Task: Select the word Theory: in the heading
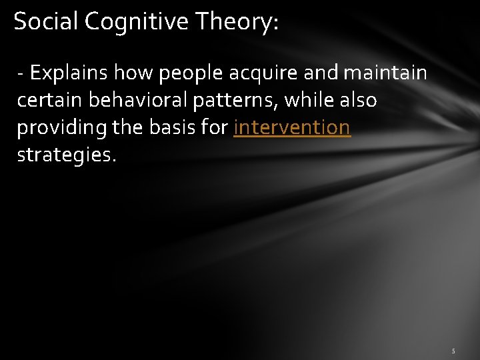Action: [237, 23]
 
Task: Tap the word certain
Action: [48, 100]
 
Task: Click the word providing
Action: [59, 127]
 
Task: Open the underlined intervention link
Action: [292, 127]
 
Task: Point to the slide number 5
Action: [453, 351]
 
